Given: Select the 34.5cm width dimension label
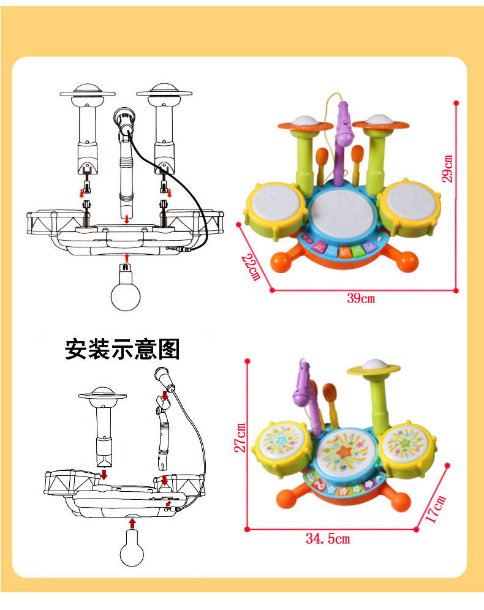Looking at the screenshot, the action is [x=328, y=539].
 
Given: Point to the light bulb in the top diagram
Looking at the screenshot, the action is [x=126, y=292].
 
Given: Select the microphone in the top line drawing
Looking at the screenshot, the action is [x=124, y=120].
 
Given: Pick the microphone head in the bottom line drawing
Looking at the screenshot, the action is [x=165, y=376].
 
